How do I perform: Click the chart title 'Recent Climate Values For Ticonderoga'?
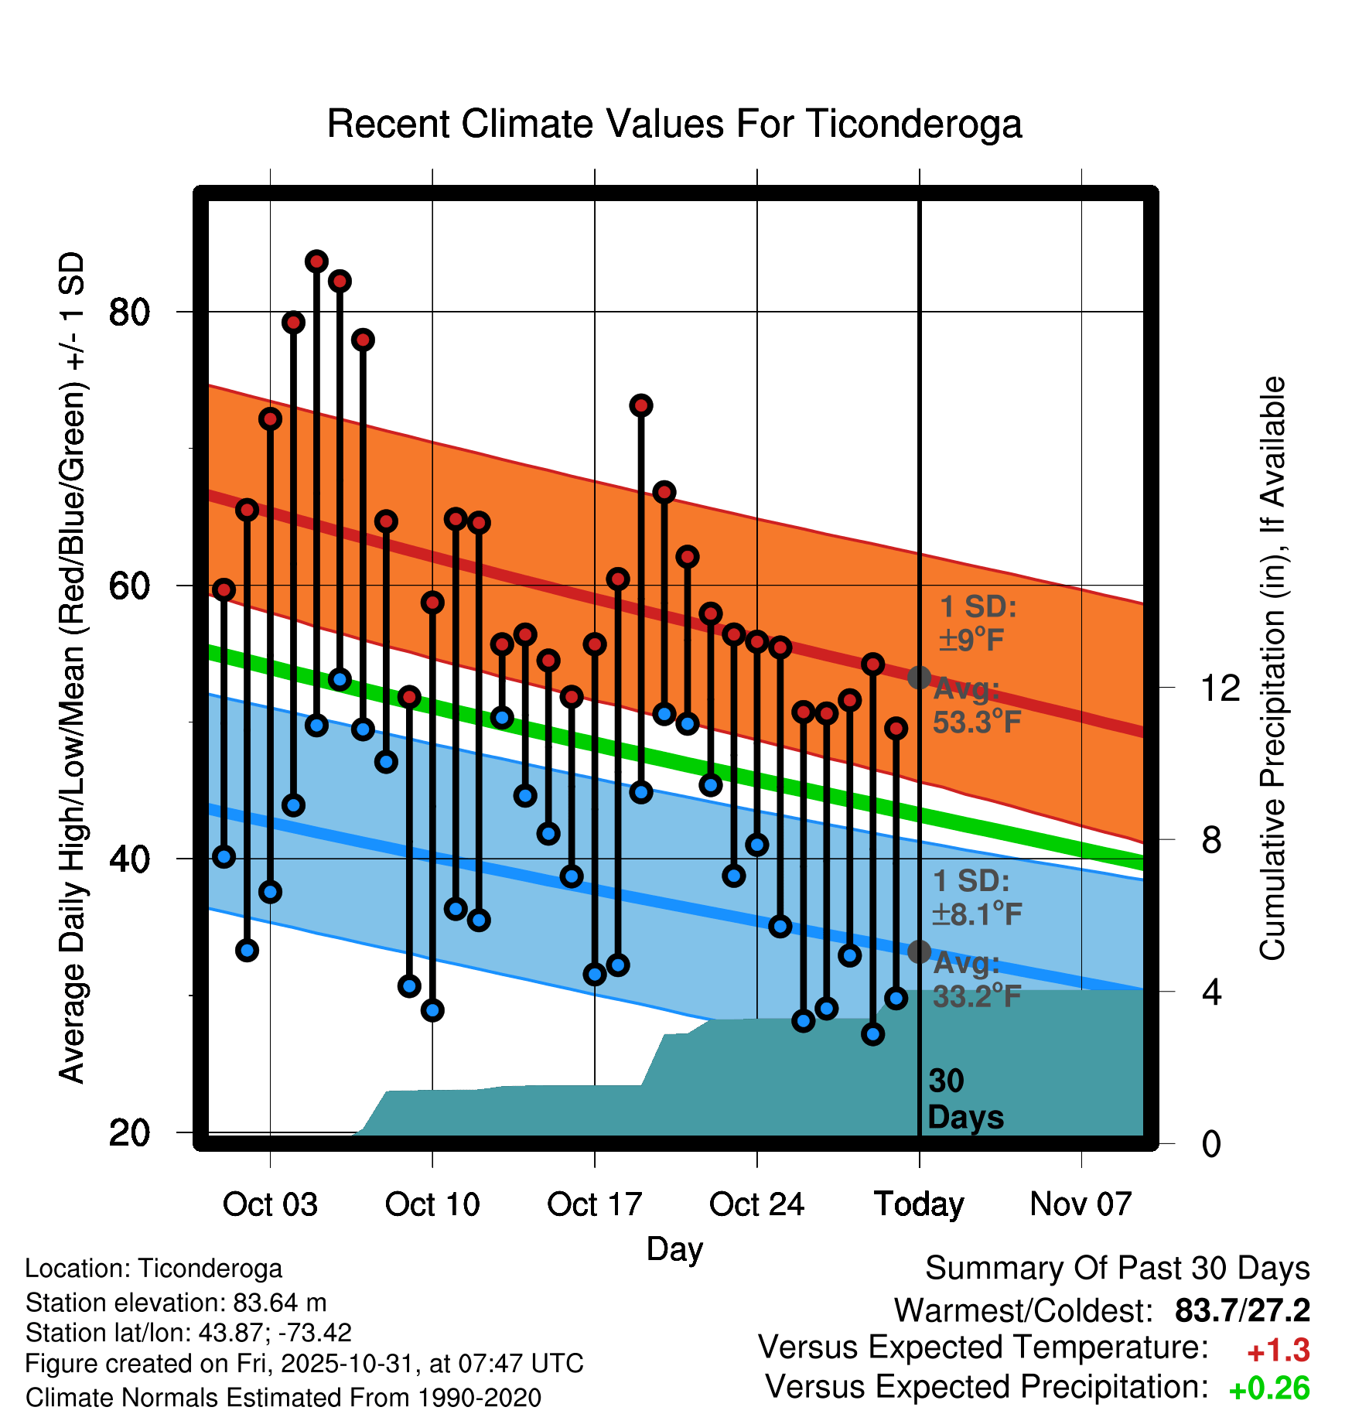pyautogui.click(x=674, y=124)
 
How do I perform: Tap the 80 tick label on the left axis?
pyautogui.click(x=129, y=313)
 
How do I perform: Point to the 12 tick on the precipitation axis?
pyautogui.click(x=1220, y=688)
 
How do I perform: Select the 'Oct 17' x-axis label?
pyautogui.click(x=594, y=1204)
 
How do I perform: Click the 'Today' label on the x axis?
pyautogui.click(x=919, y=1204)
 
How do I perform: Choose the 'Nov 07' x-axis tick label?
pyautogui.click(x=1081, y=1204)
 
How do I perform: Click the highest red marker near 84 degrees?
pyautogui.click(x=316, y=261)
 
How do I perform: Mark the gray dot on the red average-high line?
pyautogui.click(x=919, y=678)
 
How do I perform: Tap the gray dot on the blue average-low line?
pyautogui.click(x=919, y=951)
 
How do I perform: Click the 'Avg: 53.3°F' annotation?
pyautogui.click(x=976, y=705)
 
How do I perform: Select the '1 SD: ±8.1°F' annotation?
pyautogui.click(x=976, y=897)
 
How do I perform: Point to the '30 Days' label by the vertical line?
pyautogui.click(x=964, y=1099)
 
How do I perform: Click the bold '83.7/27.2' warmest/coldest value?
pyautogui.click(x=1242, y=1310)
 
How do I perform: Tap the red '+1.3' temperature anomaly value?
pyautogui.click(x=1278, y=1351)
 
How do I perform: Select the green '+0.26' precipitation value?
pyautogui.click(x=1269, y=1388)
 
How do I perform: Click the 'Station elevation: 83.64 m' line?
pyautogui.click(x=176, y=1303)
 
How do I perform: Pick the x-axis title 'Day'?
pyautogui.click(x=674, y=1248)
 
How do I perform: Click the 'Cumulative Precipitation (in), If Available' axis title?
pyautogui.click(x=1272, y=668)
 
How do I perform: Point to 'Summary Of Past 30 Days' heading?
pyautogui.click(x=1117, y=1269)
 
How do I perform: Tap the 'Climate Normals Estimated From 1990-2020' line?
pyautogui.click(x=283, y=1398)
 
